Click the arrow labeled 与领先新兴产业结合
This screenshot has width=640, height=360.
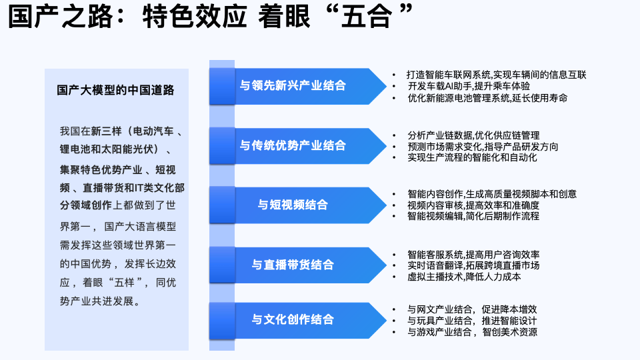tap(293, 85)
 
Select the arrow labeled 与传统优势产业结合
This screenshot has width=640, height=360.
tap(293, 145)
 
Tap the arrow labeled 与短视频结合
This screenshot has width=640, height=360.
tap(293, 205)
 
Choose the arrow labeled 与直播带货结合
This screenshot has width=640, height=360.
tap(293, 264)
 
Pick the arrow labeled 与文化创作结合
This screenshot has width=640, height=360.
tap(293, 319)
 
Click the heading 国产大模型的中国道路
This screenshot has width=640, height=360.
tap(115, 91)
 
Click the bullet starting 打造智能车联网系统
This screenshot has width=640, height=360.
tap(497, 75)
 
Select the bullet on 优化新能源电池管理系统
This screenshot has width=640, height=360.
tap(487, 97)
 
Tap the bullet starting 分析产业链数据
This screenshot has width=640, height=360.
tap(473, 135)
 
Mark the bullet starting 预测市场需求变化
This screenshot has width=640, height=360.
tap(483, 147)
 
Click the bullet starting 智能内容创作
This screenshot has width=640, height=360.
tap(492, 194)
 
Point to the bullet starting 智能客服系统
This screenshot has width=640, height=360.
tap(473, 255)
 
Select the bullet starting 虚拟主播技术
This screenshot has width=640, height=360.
tap(464, 276)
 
